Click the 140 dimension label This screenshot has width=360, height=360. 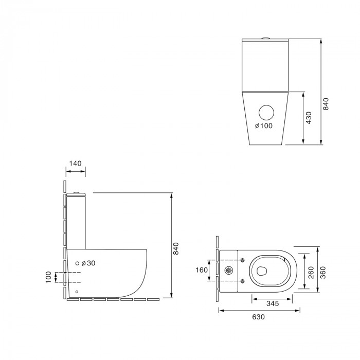[75, 164]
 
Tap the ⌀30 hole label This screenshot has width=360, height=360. [88, 263]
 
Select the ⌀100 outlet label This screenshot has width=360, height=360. [264, 125]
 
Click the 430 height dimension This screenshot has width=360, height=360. [309, 118]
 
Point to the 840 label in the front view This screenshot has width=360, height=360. [326, 104]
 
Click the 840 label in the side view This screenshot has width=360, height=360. [176, 248]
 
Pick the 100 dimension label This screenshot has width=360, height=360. [48, 277]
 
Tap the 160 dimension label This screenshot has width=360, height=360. [202, 270]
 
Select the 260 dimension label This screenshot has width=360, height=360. [311, 273]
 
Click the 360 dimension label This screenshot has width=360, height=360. [323, 273]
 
